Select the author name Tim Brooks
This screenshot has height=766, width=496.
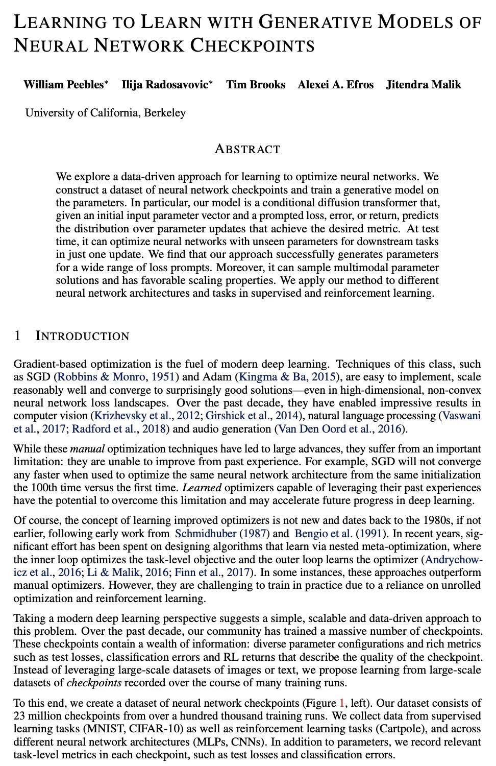tap(256, 85)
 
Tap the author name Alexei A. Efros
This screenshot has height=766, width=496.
tap(335, 85)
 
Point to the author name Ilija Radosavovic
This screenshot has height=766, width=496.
tap(165, 85)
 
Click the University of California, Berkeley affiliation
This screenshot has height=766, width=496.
tap(106, 113)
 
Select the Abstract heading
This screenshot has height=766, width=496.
tap(247, 149)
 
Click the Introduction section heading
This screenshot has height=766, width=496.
tap(82, 336)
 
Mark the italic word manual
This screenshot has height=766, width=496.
tap(87, 449)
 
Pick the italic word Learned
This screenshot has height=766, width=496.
tap(202, 488)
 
